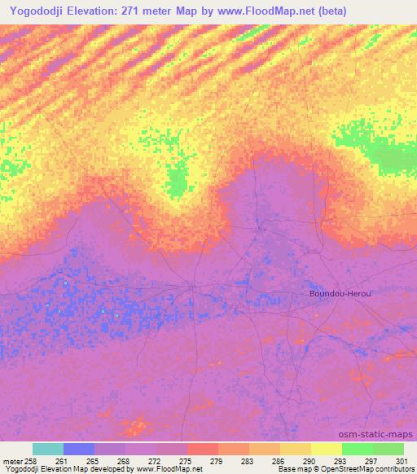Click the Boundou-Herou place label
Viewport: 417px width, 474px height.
tap(340, 293)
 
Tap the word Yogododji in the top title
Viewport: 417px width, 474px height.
tap(39, 11)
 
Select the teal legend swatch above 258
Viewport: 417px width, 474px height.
tap(48, 449)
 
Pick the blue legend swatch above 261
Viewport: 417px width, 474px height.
tap(79, 449)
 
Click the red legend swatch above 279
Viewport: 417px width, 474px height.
tap(203, 449)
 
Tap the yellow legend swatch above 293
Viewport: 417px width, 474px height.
tap(327, 449)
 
